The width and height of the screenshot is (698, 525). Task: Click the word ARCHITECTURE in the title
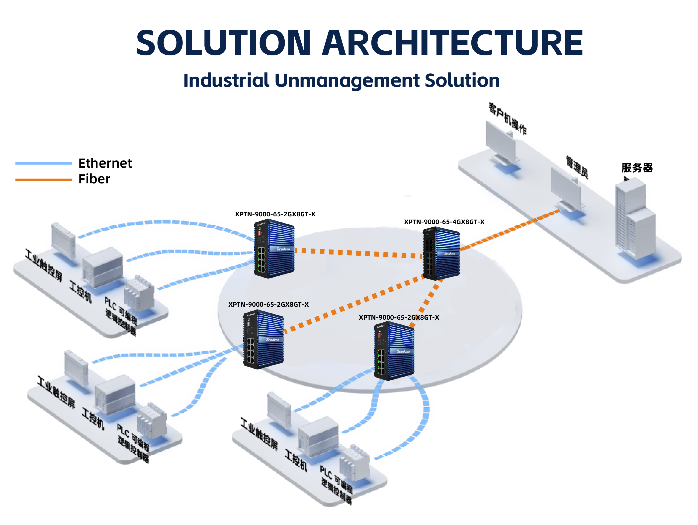pyautogui.click(x=452, y=43)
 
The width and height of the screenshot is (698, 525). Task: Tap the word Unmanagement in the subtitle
pyautogui.click(x=347, y=81)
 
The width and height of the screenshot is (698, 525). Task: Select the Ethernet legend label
pyautogui.click(x=105, y=163)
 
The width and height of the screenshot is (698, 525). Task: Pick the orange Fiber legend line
pyautogui.click(x=44, y=180)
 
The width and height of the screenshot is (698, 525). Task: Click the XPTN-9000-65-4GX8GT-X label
pyautogui.click(x=444, y=222)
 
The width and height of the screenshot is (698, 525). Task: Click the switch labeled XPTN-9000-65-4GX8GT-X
pyautogui.click(x=441, y=254)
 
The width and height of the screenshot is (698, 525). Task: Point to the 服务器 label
pyautogui.click(x=637, y=168)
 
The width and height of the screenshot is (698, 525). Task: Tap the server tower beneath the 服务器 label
pyautogui.click(x=635, y=221)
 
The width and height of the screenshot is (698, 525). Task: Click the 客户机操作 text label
pyautogui.click(x=507, y=119)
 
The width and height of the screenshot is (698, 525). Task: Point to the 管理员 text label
pyautogui.click(x=577, y=167)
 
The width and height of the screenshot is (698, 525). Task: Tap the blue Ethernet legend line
pyautogui.click(x=44, y=163)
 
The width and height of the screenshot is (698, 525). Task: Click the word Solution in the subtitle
pyautogui.click(x=462, y=81)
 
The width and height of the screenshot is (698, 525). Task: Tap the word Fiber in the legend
pyautogui.click(x=94, y=179)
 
